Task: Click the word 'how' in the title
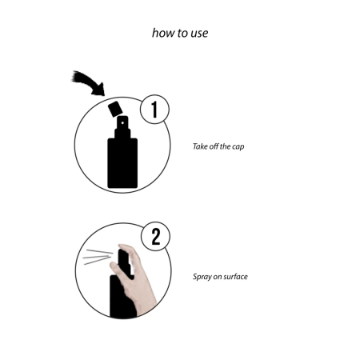click(162, 34)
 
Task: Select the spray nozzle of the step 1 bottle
click(122, 126)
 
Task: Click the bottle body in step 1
click(122, 164)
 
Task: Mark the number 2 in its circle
click(156, 237)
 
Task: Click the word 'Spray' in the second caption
click(203, 277)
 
